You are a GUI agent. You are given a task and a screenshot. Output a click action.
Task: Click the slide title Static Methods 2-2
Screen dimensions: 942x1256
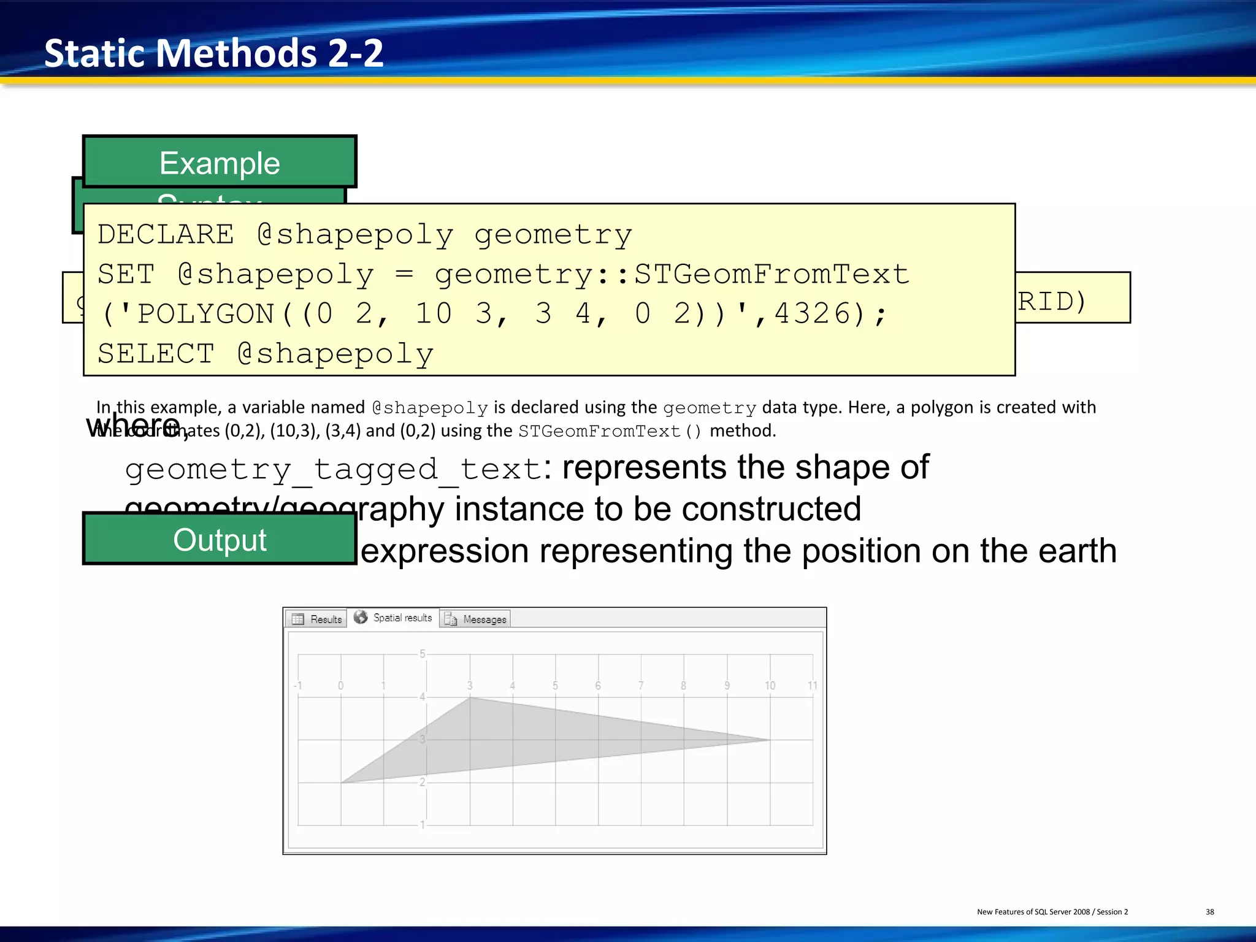pos(213,53)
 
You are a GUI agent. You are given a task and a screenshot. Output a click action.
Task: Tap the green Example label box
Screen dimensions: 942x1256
pos(220,163)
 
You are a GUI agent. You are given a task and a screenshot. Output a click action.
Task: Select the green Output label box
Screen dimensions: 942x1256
pos(220,540)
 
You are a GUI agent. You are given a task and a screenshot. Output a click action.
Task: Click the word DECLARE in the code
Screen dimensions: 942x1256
pos(166,234)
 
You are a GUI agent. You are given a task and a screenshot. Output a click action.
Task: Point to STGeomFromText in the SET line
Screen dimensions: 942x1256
pos(771,274)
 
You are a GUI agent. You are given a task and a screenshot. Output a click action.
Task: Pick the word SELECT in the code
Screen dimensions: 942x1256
pos(156,354)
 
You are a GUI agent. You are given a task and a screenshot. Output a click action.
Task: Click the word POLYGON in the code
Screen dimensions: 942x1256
pos(205,313)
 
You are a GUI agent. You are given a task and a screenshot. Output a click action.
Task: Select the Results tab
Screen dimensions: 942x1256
pos(317,619)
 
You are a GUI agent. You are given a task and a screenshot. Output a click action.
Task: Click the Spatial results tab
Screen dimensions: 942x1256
pos(402,618)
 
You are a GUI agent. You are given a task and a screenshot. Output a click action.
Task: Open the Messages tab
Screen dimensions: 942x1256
pos(484,619)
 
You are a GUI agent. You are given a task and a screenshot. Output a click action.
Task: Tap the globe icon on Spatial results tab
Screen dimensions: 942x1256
pos(361,617)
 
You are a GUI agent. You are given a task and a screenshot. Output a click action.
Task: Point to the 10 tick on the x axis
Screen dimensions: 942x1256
pos(770,686)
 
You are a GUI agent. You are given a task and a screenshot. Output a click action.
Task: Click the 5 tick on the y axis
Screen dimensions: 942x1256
pos(422,654)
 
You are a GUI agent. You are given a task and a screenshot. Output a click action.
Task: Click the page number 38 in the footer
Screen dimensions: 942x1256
pos(1209,912)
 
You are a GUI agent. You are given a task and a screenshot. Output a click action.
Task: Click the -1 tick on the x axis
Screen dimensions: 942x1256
pos(297,686)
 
